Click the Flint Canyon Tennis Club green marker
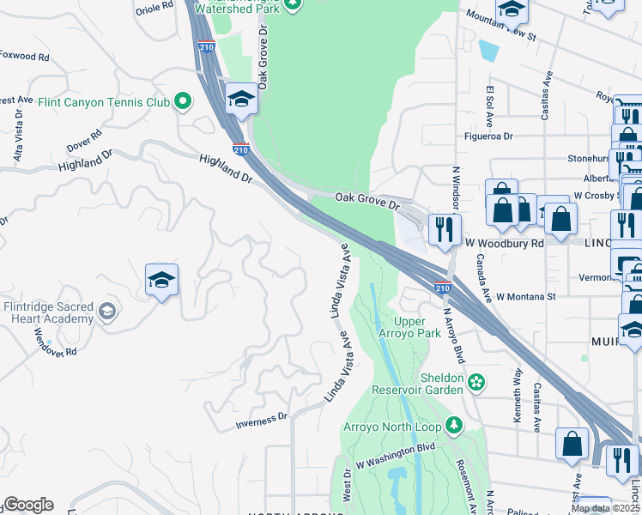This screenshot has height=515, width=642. [182, 103]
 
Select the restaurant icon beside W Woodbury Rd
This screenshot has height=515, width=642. [445, 230]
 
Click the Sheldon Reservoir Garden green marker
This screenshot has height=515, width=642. [477, 379]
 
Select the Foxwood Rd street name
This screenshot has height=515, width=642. [25, 59]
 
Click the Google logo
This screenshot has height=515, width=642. [27, 505]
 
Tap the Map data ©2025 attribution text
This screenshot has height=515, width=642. [605, 508]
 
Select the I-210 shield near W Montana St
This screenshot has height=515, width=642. [442, 285]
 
